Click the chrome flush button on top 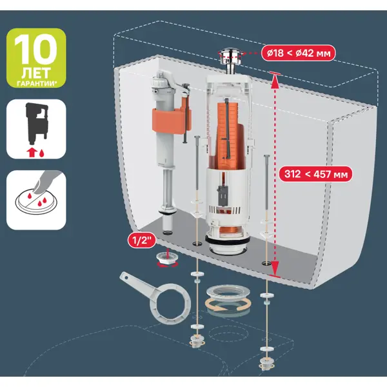coord(231,54)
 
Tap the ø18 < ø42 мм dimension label coord(298,53)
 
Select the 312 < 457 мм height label coord(315,174)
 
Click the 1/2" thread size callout coord(142,241)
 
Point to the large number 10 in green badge coord(35,50)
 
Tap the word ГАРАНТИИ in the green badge coord(36,83)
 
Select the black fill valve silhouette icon coord(37,123)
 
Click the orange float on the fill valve coord(172,119)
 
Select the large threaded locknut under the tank coord(228,293)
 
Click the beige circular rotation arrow coord(228,305)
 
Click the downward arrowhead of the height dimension coord(275,268)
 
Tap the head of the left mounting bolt coord(197,137)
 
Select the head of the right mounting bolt coord(266,157)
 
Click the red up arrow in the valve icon coord(32,153)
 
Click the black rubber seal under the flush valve coord(228,240)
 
